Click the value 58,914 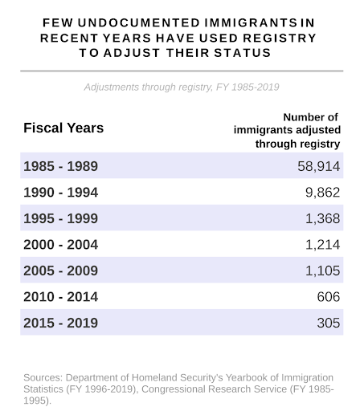[319, 166]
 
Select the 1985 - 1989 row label [61, 166]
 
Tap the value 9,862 [323, 193]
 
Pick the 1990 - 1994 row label [61, 193]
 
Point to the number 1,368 [323, 218]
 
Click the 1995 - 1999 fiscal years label [61, 218]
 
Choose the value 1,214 [323, 245]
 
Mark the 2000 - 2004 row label [61, 245]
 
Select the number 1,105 [323, 271]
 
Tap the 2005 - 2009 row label [61, 271]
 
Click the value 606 [329, 297]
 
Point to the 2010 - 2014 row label [61, 297]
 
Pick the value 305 [329, 323]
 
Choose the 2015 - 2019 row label [61, 323]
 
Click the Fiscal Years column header [63, 128]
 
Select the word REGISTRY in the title [280, 38]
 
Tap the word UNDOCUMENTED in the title [139, 22]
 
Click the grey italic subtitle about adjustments [182, 87]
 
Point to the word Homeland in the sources [154, 377]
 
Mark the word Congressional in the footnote [174, 389]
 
